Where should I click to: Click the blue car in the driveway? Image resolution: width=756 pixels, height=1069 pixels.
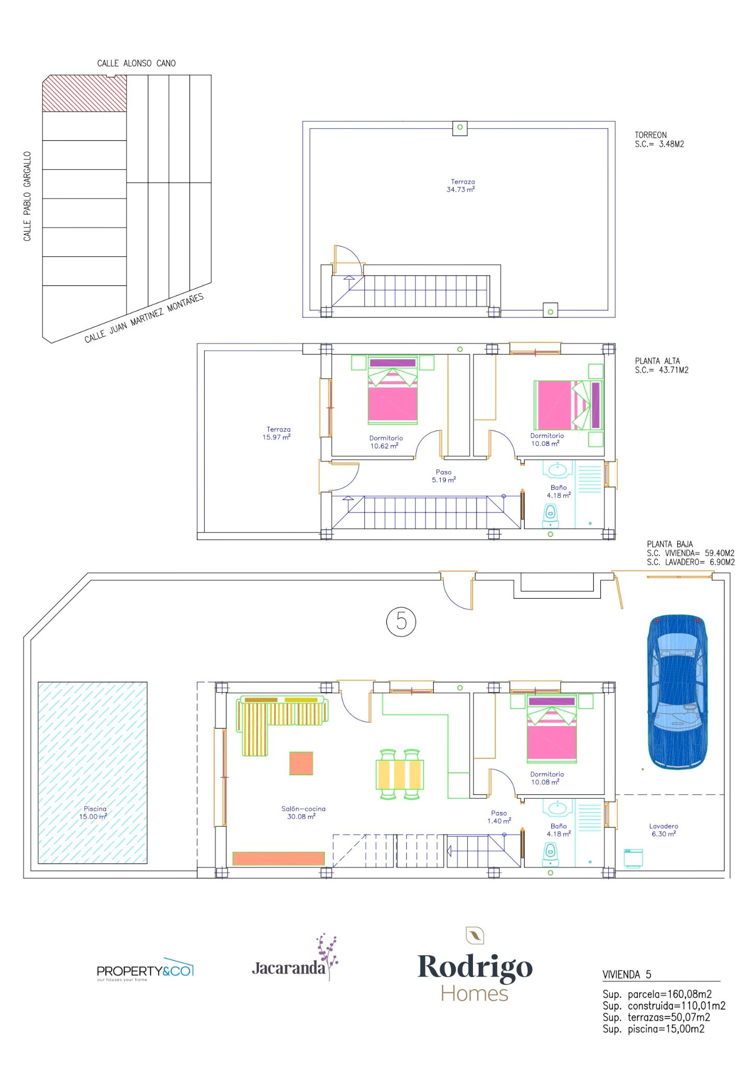tap(677, 692)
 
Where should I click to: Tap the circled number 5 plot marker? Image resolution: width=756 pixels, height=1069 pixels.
tap(401, 621)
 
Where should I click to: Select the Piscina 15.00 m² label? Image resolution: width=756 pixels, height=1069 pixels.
tap(94, 813)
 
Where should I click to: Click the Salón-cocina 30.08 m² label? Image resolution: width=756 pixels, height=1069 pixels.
tap(303, 813)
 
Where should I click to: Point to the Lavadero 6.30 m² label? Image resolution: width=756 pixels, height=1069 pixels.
tap(664, 830)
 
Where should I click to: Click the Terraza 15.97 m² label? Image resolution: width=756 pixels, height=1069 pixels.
tap(277, 433)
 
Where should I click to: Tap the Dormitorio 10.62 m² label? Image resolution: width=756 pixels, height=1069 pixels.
tap(385, 442)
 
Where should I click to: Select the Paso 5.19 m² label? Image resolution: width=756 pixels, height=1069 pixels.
tap(444, 476)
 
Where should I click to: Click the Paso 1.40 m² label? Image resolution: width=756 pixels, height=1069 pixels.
tap(499, 817)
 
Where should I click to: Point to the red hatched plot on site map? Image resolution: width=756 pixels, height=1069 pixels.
tap(84, 93)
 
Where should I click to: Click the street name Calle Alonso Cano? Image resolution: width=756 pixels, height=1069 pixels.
tap(136, 63)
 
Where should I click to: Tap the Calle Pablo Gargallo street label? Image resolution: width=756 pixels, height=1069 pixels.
tap(27, 196)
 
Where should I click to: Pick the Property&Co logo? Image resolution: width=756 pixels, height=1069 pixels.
tap(145, 970)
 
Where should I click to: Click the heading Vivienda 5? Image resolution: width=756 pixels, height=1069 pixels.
tap(627, 975)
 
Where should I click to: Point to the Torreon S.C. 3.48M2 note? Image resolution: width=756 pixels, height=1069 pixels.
tap(659, 139)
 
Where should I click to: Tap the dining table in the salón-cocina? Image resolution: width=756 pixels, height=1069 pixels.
tap(400, 774)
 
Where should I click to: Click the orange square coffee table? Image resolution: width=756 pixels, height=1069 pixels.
tap(301, 763)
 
